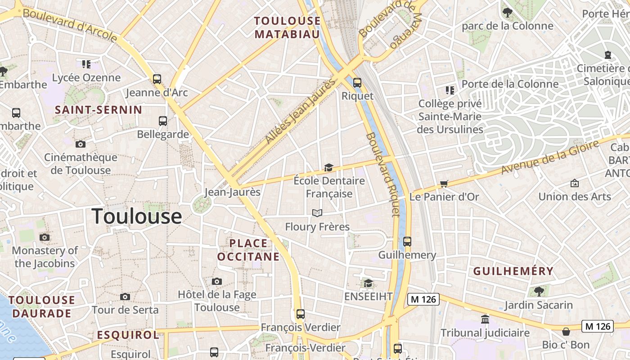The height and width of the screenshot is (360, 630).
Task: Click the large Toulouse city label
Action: click(137, 216)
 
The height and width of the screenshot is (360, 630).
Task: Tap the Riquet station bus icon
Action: click(357, 83)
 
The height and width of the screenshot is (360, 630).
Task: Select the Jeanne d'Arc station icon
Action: click(157, 79)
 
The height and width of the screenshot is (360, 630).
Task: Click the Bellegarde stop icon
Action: click(162, 121)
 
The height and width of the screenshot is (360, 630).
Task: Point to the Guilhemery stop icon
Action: click(407, 242)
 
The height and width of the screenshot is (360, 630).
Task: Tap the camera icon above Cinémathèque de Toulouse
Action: click(81, 144)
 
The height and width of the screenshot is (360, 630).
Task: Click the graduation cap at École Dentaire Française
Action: click(328, 168)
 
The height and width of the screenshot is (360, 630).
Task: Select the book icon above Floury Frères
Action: click(317, 213)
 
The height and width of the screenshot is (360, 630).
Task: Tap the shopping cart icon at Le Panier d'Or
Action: click(444, 184)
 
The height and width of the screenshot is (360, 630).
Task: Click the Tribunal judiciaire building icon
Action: click(485, 319)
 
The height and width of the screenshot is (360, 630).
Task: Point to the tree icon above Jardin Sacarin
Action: click(539, 291)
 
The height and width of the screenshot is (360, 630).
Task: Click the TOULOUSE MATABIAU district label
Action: click(287, 27)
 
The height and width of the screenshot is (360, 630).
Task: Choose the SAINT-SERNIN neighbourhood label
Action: click(99, 110)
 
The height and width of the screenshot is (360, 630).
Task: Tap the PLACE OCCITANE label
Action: click(248, 250)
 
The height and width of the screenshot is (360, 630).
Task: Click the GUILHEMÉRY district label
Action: click(513, 271)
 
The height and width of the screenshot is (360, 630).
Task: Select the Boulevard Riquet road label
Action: click(382, 175)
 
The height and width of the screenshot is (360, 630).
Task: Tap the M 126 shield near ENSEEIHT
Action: click(423, 299)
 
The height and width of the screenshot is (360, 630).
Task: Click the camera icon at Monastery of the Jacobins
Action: click(45, 237)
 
